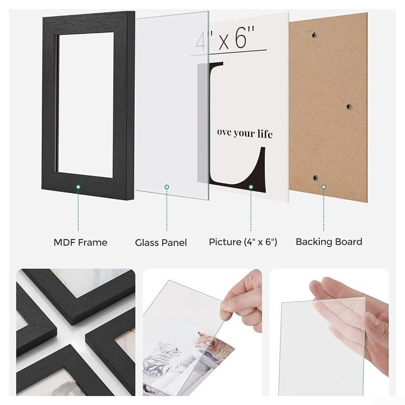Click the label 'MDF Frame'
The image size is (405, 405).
(81, 242)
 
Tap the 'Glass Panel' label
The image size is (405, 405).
(161, 242)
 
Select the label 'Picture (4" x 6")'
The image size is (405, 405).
(243, 242)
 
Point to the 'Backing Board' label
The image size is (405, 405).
(329, 242)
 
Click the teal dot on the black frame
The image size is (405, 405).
(78, 187)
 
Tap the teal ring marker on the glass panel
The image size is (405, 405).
(167, 187)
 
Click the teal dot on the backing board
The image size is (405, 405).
(324, 187)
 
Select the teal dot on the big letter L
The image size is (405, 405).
(251, 187)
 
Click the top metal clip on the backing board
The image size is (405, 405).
(314, 35)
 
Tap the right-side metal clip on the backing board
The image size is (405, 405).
(348, 106)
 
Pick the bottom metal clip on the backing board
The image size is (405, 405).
(315, 178)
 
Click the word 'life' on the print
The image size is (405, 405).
(265, 134)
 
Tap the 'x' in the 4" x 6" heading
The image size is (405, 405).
(224, 42)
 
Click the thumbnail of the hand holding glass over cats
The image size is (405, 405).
(202, 332)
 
